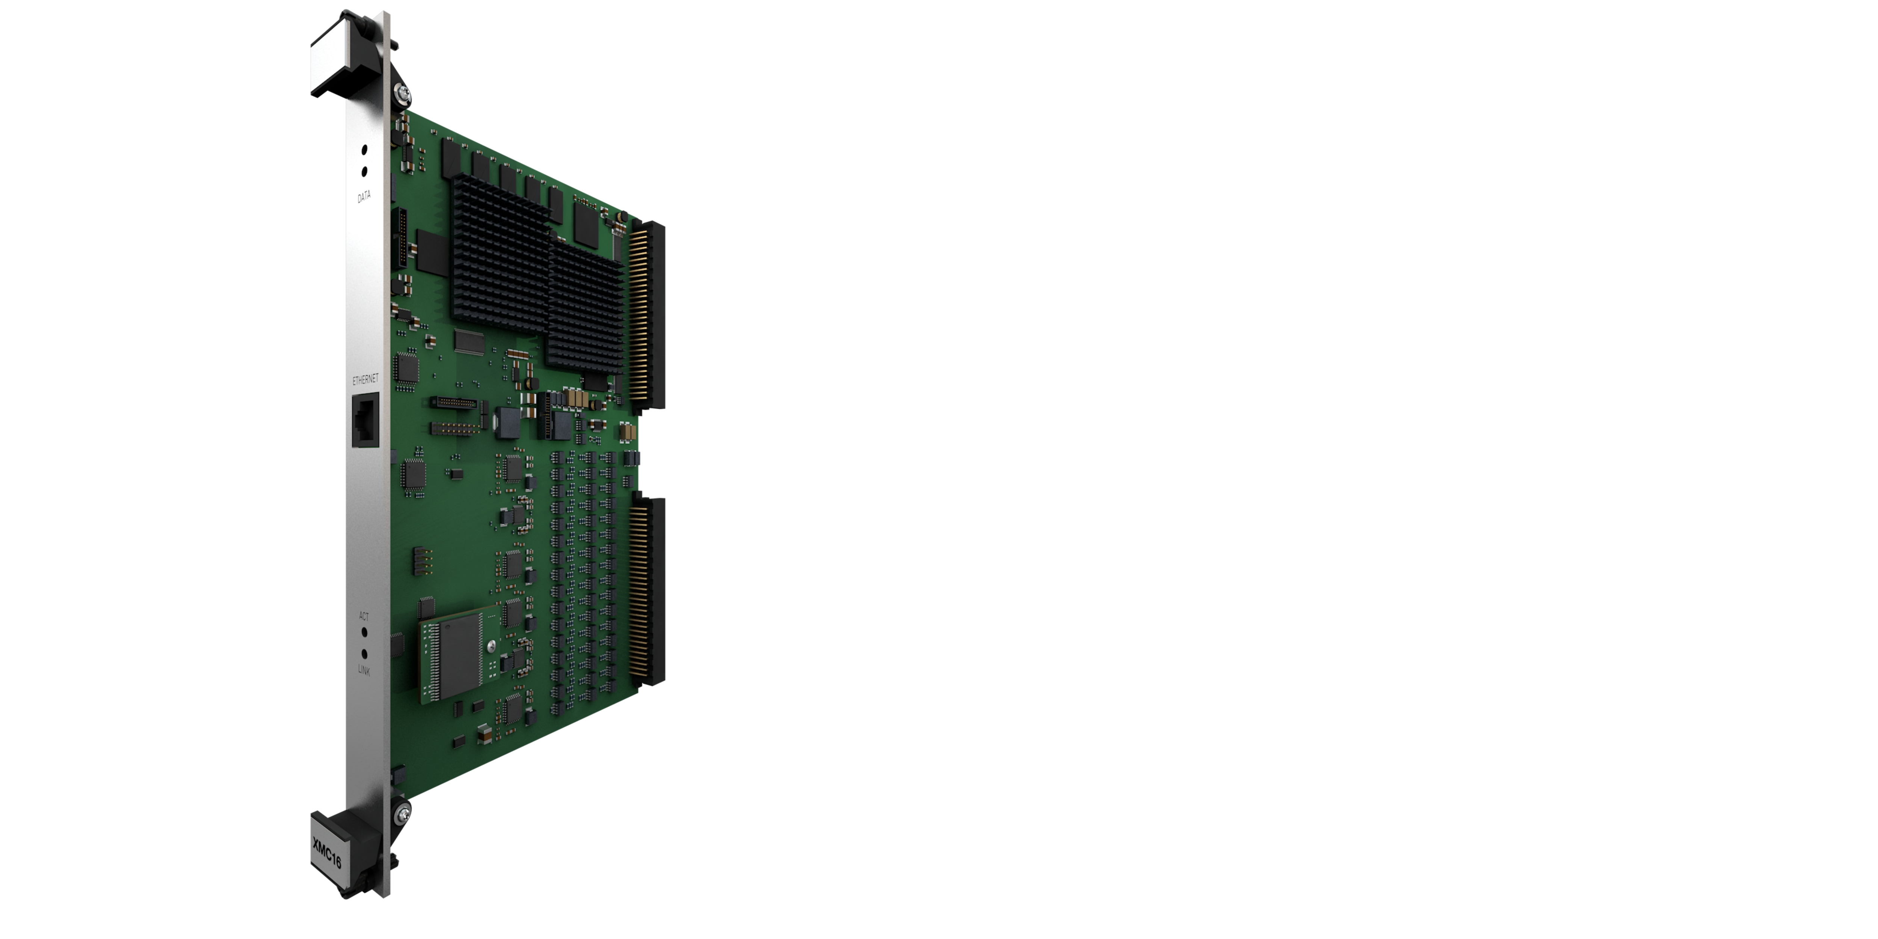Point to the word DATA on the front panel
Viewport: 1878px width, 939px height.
pyautogui.click(x=364, y=196)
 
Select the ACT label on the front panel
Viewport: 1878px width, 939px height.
pyautogui.click(x=364, y=616)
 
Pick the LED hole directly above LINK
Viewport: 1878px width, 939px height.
pyautogui.click(x=364, y=654)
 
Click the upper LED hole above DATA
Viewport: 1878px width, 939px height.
pyautogui.click(x=364, y=149)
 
